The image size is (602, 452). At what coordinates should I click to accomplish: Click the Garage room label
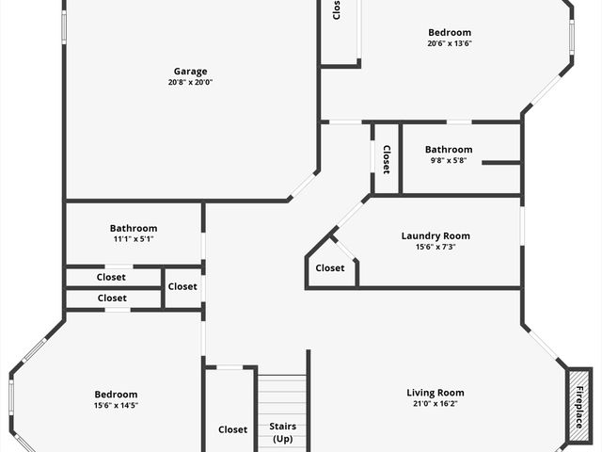pos(190,72)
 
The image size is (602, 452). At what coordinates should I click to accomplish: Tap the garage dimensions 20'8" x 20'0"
pos(190,83)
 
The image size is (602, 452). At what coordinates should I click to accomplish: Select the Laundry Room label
pos(436,236)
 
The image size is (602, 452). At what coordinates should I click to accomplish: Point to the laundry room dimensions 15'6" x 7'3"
pos(436,248)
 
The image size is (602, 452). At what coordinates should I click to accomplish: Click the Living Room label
pos(436,393)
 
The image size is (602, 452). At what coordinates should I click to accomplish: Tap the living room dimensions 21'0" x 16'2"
pos(436,404)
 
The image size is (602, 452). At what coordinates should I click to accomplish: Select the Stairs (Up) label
pos(283,433)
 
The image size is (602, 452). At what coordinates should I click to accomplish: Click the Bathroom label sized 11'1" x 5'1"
pos(134,228)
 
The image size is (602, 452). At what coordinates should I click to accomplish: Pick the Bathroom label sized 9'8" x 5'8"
pos(449,150)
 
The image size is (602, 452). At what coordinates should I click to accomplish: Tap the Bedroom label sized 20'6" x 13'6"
pos(450,33)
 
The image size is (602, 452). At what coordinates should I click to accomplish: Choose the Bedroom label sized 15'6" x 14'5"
pos(116,395)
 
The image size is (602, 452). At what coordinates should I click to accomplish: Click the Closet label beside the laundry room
pos(330,268)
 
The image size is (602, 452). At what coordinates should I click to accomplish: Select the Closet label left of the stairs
pos(233,429)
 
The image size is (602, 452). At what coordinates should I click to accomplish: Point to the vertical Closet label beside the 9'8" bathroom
pos(386,159)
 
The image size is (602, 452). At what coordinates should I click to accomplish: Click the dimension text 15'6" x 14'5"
pos(116,406)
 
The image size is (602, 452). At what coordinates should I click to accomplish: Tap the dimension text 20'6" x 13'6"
pos(450,43)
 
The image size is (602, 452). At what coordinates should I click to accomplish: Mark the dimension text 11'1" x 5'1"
pos(134,239)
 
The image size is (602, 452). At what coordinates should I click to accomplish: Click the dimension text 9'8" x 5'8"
pos(449,161)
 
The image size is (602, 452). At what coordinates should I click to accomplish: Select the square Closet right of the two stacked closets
pos(182,286)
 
